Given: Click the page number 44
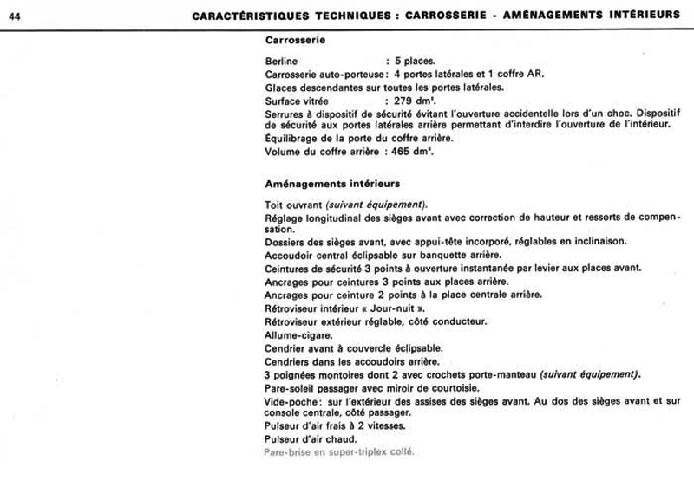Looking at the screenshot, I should click(15, 15).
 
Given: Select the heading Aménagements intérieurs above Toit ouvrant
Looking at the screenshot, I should click(331, 184).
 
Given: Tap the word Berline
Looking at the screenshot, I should click(281, 62).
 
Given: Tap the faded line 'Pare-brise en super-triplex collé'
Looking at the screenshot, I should click(339, 452).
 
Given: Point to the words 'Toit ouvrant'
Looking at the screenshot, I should click(293, 203).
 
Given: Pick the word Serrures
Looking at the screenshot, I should click(285, 113).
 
